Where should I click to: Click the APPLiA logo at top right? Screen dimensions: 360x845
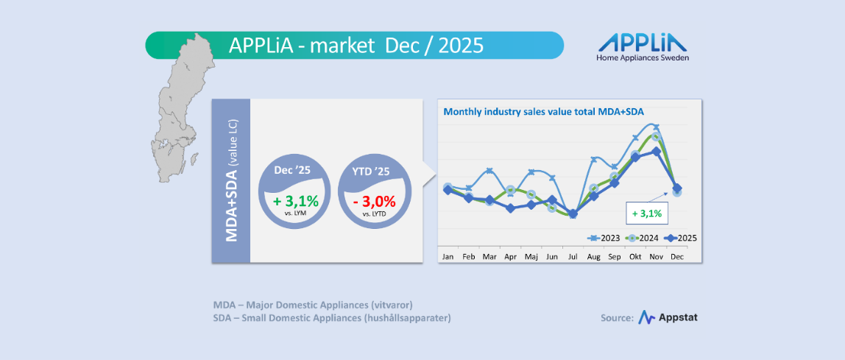(643, 46)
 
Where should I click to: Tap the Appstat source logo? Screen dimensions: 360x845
(668, 317)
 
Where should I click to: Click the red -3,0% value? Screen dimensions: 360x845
(375, 200)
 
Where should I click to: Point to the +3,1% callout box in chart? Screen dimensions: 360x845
(646, 214)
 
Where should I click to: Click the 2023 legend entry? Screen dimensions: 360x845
(604, 238)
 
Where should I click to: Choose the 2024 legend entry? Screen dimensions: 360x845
(642, 238)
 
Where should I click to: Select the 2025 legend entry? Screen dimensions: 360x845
(680, 238)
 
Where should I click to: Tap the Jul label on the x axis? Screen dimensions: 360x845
(573, 257)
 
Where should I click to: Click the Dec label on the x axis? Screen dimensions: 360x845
(677, 257)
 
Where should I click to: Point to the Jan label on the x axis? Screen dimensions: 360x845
(448, 257)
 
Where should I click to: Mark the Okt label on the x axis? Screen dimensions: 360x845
(635, 257)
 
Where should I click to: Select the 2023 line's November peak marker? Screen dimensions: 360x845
(656, 127)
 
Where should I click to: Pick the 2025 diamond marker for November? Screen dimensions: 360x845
(656, 152)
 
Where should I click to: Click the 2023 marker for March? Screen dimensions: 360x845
(489, 172)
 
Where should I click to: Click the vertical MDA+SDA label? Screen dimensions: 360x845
(231, 181)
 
